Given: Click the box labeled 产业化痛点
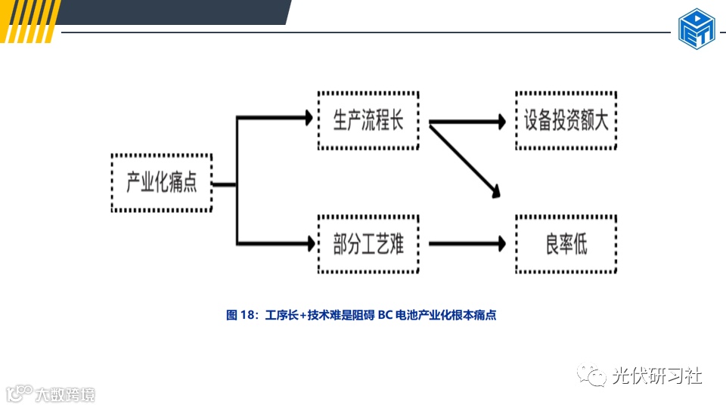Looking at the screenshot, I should [162, 183].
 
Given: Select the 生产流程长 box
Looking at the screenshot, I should [368, 121].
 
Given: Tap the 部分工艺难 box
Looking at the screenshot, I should [368, 243].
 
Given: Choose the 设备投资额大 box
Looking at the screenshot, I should [566, 121].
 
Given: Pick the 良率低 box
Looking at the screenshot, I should [566, 243].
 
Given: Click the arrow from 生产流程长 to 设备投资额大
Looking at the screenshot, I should [466, 121].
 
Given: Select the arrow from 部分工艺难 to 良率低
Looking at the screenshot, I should [466, 243].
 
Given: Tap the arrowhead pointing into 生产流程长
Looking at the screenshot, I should [307, 118].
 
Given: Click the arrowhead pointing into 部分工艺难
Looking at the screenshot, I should [307, 243].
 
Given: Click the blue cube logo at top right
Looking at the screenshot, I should [696, 29].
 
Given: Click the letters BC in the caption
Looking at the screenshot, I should [385, 316].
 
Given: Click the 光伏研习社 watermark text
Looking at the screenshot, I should [657, 375].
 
